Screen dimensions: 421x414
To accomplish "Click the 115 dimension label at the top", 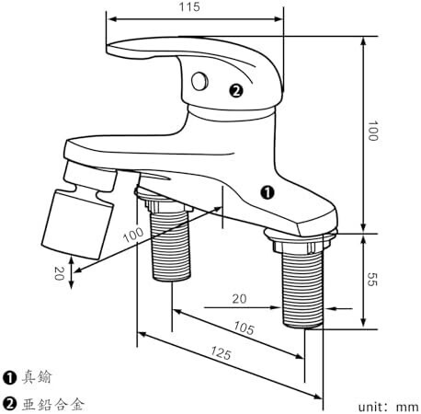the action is coord(189,6).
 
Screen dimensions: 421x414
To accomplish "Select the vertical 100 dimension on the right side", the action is coord(372,131).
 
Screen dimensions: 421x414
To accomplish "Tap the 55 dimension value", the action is coord(372,279).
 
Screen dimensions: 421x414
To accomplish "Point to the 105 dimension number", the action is coord(244,328).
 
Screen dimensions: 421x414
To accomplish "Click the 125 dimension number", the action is coord(221,352).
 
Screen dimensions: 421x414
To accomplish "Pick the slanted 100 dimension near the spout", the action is coord(133,235).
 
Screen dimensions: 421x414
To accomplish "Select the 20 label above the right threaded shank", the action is coord(239,299).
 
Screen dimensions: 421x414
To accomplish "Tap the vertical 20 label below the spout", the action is coord(59,273).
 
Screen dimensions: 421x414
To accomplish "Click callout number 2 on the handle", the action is coord(236,91).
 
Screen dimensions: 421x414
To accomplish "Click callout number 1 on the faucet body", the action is coord(267,192).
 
